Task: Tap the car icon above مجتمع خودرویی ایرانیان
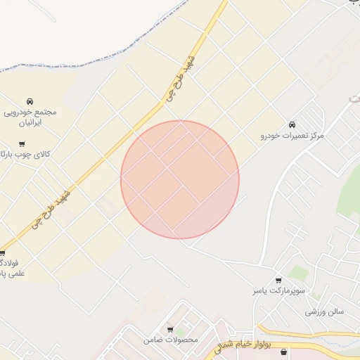[30, 102]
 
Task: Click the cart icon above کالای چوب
[22, 144]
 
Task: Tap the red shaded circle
[180, 180]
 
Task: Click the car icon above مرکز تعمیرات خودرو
[292, 124]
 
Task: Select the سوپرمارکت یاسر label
[280, 290]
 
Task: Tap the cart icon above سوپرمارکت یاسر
[279, 280]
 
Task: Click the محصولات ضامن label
[171, 340]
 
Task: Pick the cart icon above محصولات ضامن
[170, 329]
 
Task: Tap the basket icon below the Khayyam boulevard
[283, 352]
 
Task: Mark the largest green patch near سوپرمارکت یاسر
[298, 272]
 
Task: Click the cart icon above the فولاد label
[2, 253]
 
